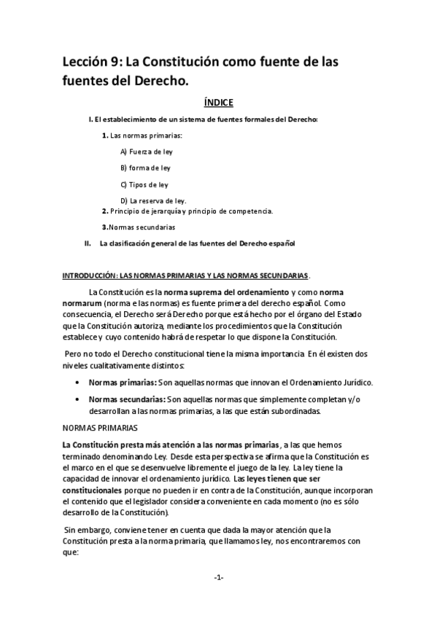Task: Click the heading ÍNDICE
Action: (218, 103)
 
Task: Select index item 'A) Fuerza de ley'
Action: (146, 152)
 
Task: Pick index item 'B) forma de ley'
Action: (144, 168)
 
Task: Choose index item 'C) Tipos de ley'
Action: (144, 184)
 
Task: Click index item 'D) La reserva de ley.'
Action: (153, 200)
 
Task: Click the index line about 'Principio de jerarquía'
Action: (187, 211)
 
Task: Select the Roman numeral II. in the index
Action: (88, 243)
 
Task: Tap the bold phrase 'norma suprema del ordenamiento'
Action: (220, 292)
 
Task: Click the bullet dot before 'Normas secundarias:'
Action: (78, 400)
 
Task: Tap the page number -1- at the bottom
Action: (218, 577)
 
